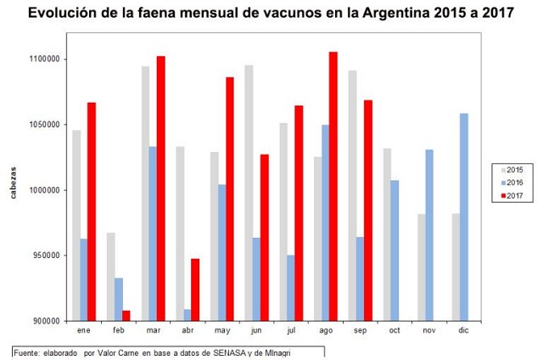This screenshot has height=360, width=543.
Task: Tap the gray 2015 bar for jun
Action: coord(248,193)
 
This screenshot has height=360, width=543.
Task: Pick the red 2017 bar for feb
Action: coord(125,315)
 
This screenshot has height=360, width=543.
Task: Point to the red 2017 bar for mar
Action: coord(160,188)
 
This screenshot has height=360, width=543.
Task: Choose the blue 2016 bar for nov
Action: coord(429,235)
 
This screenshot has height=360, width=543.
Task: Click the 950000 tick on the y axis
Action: coord(45,256)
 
